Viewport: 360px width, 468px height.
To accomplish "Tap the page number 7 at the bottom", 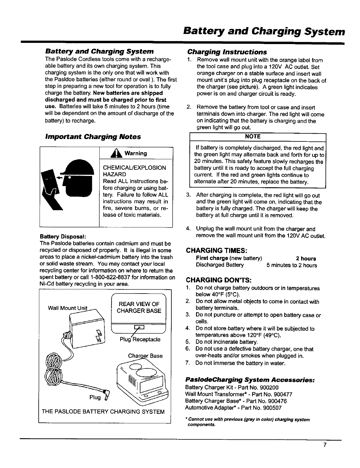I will (325, 445).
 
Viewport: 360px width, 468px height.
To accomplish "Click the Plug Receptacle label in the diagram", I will (140, 339).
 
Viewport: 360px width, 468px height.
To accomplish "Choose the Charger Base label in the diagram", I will (145, 356).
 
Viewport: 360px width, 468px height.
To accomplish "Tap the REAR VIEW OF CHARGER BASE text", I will (139, 308).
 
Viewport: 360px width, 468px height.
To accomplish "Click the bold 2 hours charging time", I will (306, 259).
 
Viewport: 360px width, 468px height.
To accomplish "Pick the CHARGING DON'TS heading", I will (219, 280).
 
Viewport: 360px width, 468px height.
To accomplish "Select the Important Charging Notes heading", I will (93, 137).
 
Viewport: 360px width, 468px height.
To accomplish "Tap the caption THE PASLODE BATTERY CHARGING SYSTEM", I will (103, 412).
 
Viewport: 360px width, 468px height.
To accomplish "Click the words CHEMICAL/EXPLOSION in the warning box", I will (134, 168).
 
